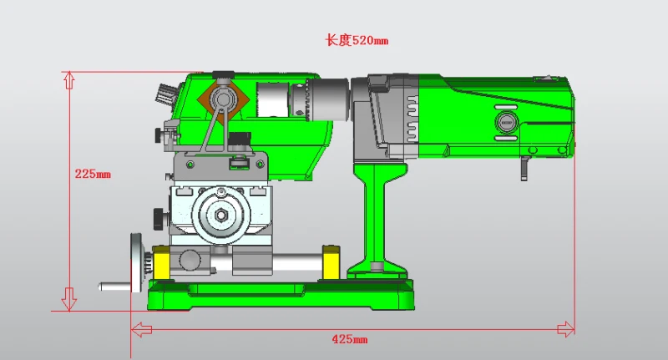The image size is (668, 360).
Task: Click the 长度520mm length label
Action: coord(357,40)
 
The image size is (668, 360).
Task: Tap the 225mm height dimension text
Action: coord(93,174)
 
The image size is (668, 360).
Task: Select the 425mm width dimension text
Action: coord(349,340)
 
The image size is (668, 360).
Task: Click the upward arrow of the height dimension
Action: coord(69,80)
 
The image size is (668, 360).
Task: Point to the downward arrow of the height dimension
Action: coord(69,299)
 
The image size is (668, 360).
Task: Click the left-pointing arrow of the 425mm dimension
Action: coord(142,329)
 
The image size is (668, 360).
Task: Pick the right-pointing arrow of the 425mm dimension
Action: coord(566,329)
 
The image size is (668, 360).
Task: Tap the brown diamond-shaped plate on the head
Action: coord(222,101)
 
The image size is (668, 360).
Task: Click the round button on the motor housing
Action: coord(506,122)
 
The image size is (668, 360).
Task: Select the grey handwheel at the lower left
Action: coord(137,262)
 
